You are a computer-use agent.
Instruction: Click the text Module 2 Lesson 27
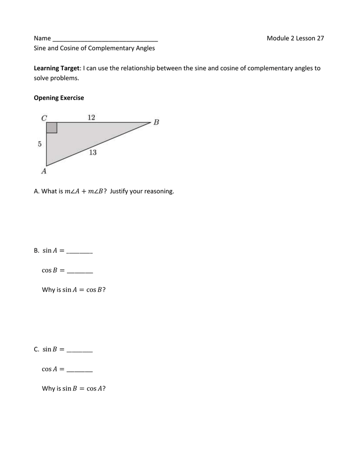point(295,38)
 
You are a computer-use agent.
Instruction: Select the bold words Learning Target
point(57,68)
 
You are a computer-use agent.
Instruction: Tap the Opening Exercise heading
point(59,98)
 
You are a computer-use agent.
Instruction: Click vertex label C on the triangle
point(44,118)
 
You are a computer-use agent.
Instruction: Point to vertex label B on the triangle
point(156,122)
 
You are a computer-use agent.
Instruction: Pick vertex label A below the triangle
point(44,172)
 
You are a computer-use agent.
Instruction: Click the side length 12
point(91,117)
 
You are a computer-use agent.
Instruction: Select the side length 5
point(40,144)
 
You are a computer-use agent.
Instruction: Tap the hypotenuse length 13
point(92,152)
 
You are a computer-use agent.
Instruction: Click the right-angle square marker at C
point(51,127)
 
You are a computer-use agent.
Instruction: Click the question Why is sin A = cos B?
point(74,290)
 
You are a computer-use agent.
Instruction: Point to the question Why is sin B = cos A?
point(74,389)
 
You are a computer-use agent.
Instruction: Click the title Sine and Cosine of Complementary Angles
point(94,48)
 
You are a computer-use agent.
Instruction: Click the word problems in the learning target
point(64,78)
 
